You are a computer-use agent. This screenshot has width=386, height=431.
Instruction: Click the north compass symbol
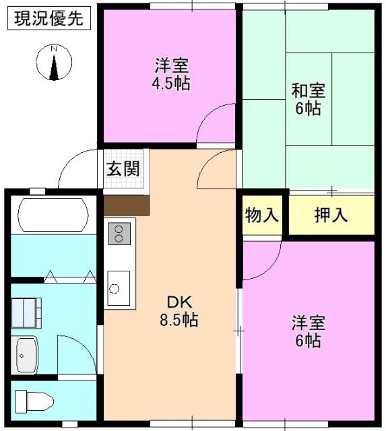(x=54, y=62)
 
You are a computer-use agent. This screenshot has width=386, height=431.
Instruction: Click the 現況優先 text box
(x=49, y=18)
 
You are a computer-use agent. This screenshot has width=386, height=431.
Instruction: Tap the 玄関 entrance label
(x=123, y=168)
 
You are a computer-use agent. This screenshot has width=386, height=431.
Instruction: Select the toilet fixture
(x=34, y=401)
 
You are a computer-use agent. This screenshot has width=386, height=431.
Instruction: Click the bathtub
(x=53, y=215)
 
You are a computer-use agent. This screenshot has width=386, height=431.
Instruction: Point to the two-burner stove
(x=119, y=234)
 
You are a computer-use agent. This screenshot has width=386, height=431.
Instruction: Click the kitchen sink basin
(x=119, y=288)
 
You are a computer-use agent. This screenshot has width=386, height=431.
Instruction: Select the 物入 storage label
(x=262, y=215)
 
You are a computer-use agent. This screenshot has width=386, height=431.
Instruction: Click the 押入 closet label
(x=331, y=215)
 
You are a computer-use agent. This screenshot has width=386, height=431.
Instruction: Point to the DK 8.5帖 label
(x=179, y=311)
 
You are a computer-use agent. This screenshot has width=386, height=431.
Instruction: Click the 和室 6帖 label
(x=309, y=99)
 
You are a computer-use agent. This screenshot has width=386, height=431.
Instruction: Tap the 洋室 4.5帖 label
(x=171, y=74)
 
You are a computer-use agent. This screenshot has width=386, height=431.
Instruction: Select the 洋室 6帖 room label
(x=309, y=331)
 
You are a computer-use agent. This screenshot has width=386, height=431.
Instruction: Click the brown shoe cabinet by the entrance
(x=127, y=205)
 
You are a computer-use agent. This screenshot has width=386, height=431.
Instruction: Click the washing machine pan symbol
(x=26, y=313)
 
